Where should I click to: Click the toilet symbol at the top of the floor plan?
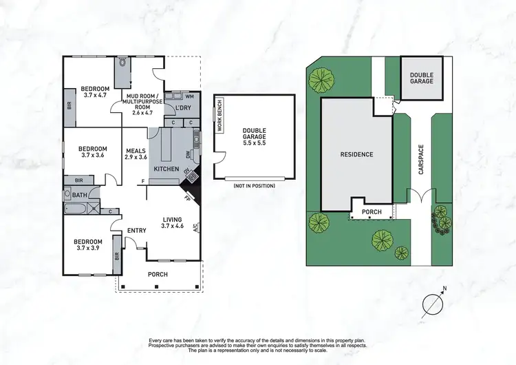(x=122, y=62)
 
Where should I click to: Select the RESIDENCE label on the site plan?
(x=356, y=154)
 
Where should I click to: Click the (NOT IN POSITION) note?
(x=249, y=187)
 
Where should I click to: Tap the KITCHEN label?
(x=166, y=169)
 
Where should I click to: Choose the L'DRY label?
(x=182, y=108)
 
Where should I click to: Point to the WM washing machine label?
(x=189, y=96)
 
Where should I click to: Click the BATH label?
(x=80, y=195)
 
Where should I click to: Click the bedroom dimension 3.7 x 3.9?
(x=91, y=248)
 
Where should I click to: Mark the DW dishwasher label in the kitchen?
(x=187, y=155)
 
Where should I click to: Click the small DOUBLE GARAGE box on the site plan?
(x=422, y=78)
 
